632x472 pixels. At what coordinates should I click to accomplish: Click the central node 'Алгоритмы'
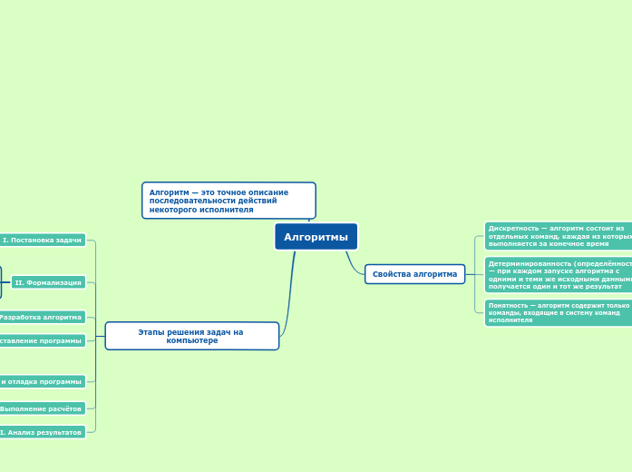pyautogui.click(x=316, y=237)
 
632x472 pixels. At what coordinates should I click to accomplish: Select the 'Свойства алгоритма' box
pyautogui.click(x=414, y=274)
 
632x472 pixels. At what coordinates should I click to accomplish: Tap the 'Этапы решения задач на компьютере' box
pyautogui.click(x=191, y=336)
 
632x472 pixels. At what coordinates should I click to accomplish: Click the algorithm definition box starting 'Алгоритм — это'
pyautogui.click(x=228, y=201)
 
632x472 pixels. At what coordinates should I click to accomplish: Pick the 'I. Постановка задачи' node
pyautogui.click(x=43, y=241)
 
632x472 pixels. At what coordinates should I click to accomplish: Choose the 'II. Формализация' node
pyautogui.click(x=48, y=282)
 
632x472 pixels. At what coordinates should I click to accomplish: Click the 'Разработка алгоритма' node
pyautogui.click(x=42, y=317)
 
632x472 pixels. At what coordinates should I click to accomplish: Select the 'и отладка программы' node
pyautogui.click(x=42, y=381)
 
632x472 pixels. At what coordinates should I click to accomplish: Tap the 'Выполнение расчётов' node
pyautogui.click(x=42, y=408)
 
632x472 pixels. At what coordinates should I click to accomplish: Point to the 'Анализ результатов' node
pyautogui.click(x=42, y=432)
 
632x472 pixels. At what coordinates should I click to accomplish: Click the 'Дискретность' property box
pyautogui.click(x=558, y=236)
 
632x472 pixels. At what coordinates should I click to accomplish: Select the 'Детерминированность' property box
pyautogui.click(x=558, y=274)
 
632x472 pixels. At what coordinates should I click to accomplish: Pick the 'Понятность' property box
pyautogui.click(x=558, y=312)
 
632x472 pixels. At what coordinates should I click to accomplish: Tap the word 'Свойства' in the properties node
pyautogui.click(x=391, y=274)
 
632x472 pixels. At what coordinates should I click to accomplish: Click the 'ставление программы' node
pyautogui.click(x=42, y=340)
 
